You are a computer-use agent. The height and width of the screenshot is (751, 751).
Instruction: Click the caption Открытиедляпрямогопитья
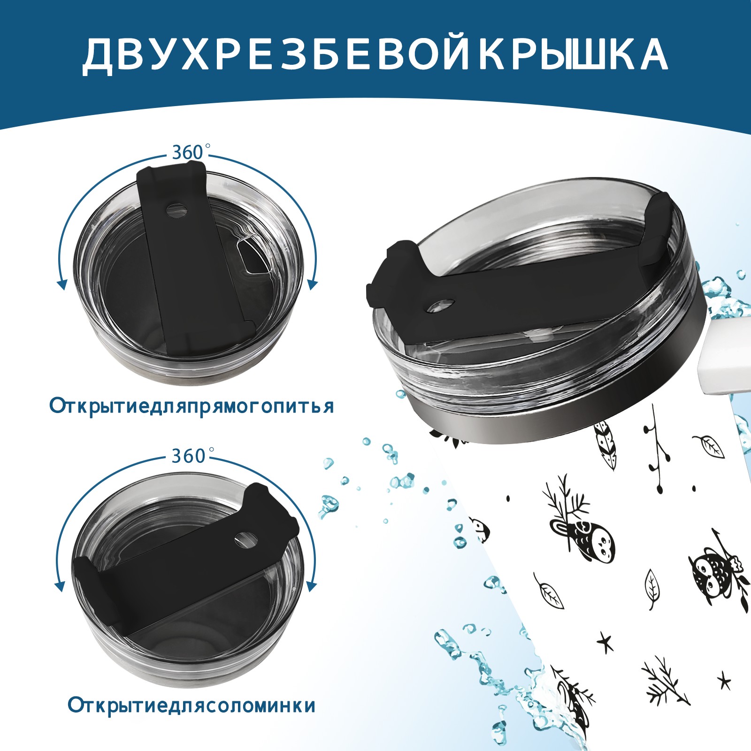click(191, 406)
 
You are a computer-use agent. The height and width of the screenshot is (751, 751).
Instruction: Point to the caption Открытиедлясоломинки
click(191, 705)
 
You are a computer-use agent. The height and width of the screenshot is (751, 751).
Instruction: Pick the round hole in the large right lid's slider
click(441, 306)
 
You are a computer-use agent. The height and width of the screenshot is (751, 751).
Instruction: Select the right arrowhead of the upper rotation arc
click(313, 284)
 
